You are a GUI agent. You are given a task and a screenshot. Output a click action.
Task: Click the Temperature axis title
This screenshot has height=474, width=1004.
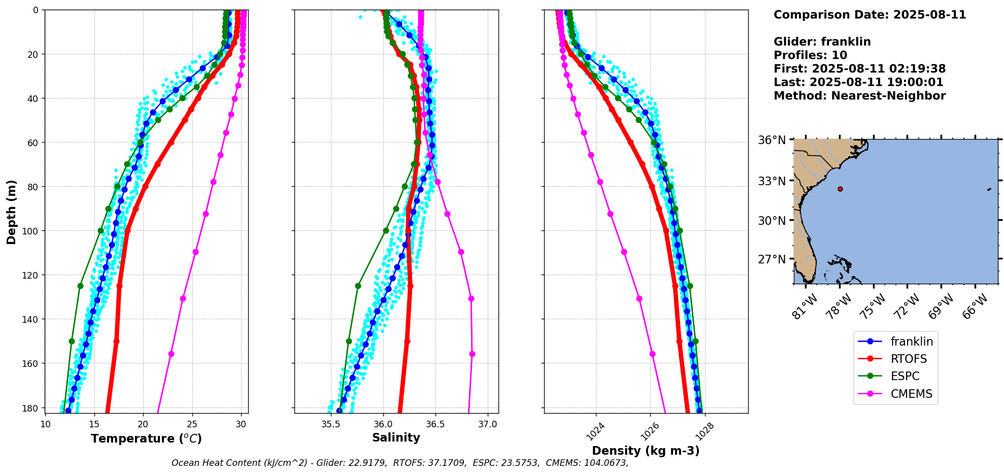(x=146, y=438)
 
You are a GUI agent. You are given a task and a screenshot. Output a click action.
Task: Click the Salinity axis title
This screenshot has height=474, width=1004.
(x=396, y=437)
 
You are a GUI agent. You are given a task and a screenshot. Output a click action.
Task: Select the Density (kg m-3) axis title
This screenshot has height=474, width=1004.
(x=646, y=451)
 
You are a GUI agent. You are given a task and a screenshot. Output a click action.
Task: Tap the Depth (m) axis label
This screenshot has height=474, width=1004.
(x=11, y=212)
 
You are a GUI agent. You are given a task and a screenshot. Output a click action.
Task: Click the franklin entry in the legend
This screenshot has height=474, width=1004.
(x=912, y=342)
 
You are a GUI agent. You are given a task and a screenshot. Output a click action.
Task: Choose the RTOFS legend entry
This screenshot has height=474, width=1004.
(x=909, y=359)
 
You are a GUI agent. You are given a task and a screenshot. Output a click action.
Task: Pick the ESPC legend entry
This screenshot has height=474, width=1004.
(x=905, y=376)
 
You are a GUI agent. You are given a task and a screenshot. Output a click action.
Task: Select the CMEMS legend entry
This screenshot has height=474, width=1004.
(x=911, y=394)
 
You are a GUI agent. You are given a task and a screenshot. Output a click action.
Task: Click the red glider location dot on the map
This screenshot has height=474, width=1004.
(x=840, y=189)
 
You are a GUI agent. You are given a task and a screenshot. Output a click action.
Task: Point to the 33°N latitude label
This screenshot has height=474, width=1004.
(x=772, y=181)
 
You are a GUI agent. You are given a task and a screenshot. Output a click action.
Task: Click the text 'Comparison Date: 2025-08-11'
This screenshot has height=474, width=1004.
(x=869, y=15)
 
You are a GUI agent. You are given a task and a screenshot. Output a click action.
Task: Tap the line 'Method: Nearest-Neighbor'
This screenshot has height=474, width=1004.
(x=859, y=96)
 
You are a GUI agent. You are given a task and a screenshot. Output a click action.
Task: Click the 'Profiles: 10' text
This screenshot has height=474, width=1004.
(x=810, y=55)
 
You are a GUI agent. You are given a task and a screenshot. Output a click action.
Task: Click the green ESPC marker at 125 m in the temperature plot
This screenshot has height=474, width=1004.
(x=80, y=286)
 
